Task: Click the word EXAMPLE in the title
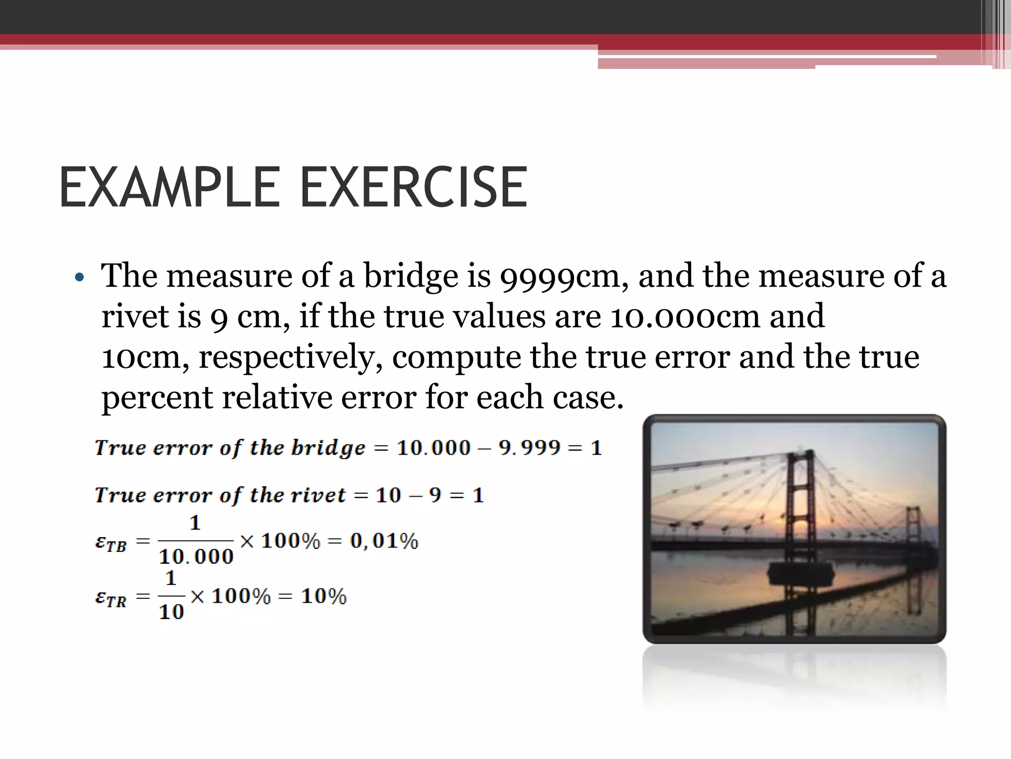point(169,188)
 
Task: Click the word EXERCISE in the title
point(414,188)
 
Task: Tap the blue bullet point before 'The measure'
point(79,278)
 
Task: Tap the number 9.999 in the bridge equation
point(529,448)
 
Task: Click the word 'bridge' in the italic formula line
point(328,448)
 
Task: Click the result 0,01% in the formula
point(384,541)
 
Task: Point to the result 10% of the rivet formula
point(324,596)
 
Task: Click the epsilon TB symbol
point(111,543)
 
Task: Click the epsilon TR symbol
point(111,598)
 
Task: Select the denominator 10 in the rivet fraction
point(171,612)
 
